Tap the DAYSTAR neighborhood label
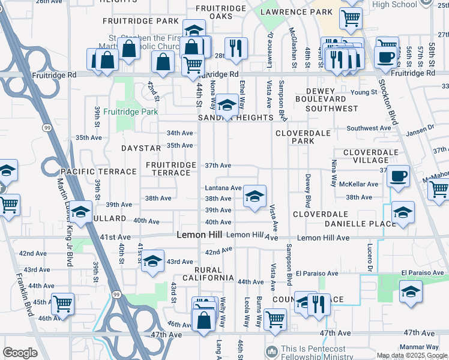[x=141, y=148]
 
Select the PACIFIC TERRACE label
[x=90, y=172]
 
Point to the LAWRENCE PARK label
[x=296, y=12]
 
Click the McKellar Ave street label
[x=357, y=184]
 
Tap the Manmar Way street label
[x=421, y=347]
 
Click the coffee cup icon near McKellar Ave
[x=397, y=176]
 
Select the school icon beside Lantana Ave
[x=255, y=196]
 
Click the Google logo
[x=20, y=353]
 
